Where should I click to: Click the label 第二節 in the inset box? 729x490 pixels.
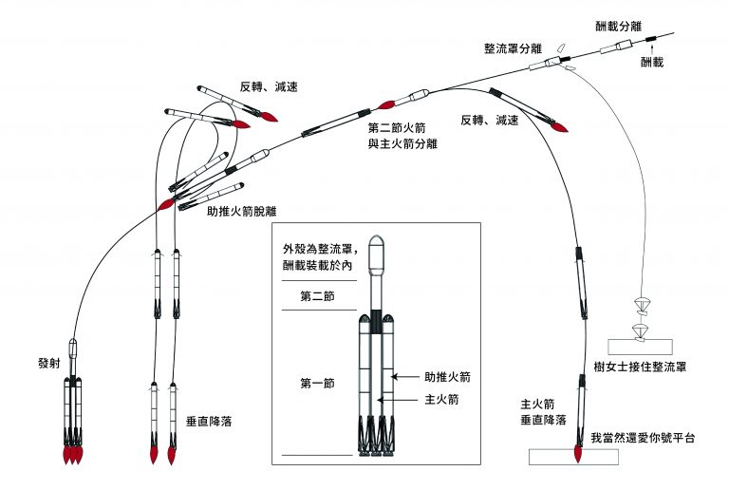click(319, 296)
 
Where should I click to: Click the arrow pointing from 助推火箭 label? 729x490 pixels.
click(411, 378)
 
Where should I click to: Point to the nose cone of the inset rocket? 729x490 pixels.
click(377, 241)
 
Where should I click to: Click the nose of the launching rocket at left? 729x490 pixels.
click(73, 342)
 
